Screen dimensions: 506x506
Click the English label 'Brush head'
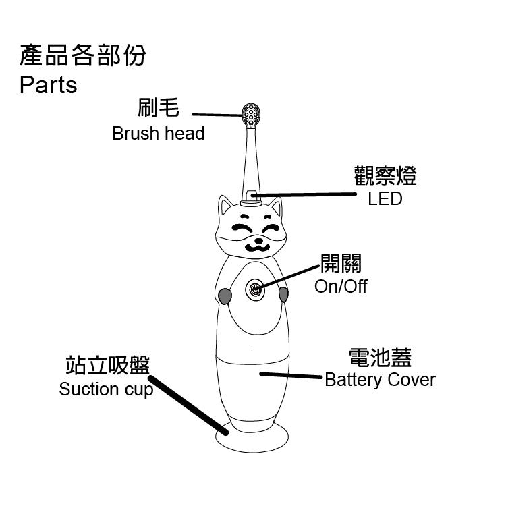158,133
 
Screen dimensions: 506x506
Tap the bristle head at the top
252,115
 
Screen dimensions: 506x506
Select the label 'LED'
385,199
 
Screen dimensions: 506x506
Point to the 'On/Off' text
341,286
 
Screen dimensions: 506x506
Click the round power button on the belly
255,290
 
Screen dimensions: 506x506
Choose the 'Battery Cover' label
380,380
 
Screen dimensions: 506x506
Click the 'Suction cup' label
106,389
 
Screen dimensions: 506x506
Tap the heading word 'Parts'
48,86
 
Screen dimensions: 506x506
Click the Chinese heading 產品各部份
82,56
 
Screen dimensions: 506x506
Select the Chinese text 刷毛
158,107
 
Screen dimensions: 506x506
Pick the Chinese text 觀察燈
385,176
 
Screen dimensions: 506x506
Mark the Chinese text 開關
341,264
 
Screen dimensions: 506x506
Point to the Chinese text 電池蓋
380,358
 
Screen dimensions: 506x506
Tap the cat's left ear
225,206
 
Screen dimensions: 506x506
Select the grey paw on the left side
225,296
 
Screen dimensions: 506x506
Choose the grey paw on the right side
283,295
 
